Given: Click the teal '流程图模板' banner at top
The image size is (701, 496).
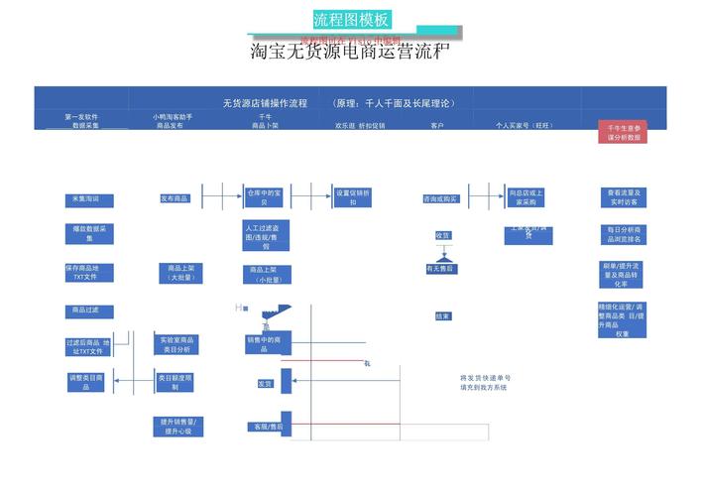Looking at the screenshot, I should click(x=351, y=20).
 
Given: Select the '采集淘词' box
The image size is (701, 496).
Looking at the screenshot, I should click(x=89, y=199).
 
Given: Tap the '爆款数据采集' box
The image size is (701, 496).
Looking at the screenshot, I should click(x=89, y=233).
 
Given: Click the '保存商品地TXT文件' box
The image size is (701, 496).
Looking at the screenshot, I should click(x=89, y=272).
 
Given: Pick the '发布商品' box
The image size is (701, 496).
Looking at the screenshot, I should click(x=175, y=198).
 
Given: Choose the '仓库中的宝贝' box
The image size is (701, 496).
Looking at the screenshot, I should click(x=264, y=195).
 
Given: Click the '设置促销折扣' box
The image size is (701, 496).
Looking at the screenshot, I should click(x=353, y=196).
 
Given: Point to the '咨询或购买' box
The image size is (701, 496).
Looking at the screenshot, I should click(x=440, y=198).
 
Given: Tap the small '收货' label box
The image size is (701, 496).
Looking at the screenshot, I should click(x=443, y=235).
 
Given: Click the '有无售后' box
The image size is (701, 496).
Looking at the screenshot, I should click(x=440, y=269).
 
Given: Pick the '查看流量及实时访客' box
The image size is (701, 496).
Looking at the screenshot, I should click(x=624, y=196).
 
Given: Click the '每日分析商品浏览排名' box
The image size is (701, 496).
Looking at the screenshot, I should click(x=624, y=234).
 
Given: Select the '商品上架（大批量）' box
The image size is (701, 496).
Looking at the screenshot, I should click(x=180, y=273).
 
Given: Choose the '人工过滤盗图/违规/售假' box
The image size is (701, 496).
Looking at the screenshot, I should click(x=265, y=236).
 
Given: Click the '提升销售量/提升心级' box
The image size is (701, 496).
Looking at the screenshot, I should click(x=176, y=427).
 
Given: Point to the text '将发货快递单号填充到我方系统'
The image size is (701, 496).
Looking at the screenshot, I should click(x=485, y=383).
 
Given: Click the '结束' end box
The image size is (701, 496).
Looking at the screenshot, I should click(x=443, y=316).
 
